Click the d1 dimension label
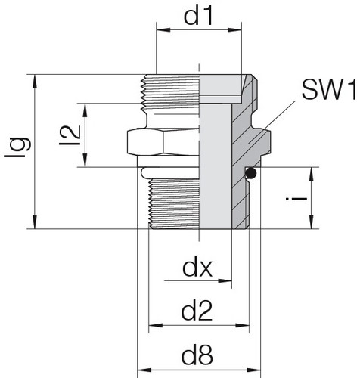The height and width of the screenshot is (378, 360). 199,16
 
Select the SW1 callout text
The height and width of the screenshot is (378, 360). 330,89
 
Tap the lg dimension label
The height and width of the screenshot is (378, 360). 17,147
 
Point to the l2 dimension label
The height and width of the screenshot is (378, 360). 70,135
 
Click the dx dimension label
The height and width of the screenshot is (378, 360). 197,268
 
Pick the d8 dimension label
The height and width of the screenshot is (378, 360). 197,355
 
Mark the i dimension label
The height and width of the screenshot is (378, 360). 296,199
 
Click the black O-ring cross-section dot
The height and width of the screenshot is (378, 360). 251,173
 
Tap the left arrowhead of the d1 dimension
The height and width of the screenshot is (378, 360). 163,29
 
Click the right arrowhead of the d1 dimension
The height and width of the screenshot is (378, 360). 234,29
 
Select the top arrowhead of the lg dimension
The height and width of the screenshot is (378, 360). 35,82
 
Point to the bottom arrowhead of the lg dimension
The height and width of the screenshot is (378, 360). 35,222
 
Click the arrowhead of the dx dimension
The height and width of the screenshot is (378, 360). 225,280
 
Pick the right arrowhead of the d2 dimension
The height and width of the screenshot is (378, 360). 243,326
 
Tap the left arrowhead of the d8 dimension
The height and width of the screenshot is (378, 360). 144,370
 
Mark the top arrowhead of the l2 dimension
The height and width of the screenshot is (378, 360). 85,110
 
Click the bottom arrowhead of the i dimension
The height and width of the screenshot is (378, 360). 312,222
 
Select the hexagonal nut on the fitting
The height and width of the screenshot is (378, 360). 163,141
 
